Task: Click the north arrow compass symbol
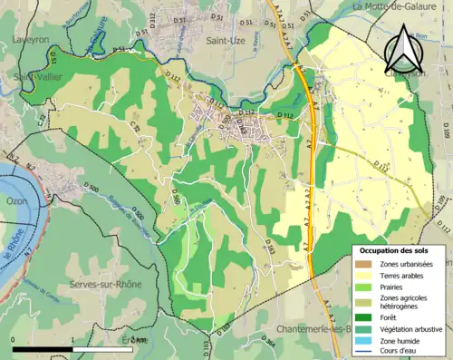[x=402, y=49]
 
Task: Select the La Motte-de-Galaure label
[x=390, y=6]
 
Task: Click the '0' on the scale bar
[x=13, y=340]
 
